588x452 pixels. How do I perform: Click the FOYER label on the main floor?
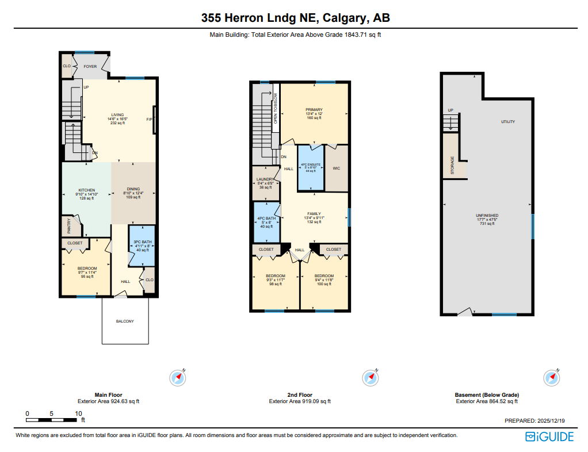pyautogui.click(x=90, y=67)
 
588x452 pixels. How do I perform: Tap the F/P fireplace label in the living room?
pyautogui.click(x=150, y=120)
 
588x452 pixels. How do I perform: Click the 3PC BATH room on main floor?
pyautogui.click(x=142, y=246)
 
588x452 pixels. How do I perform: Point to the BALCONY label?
pyautogui.click(x=125, y=321)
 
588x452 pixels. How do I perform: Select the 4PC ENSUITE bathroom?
pyautogui.click(x=310, y=167)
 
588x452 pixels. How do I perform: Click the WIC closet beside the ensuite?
pyautogui.click(x=337, y=168)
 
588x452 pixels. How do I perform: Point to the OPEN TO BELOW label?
pyautogui.click(x=276, y=109)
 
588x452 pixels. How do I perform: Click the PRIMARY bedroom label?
pyautogui.click(x=314, y=109)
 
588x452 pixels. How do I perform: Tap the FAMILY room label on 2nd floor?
pyautogui.click(x=314, y=214)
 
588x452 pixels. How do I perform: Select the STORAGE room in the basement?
pyautogui.click(x=453, y=166)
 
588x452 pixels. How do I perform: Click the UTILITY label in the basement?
pyautogui.click(x=507, y=122)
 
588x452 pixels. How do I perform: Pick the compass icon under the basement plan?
pyautogui.click(x=551, y=377)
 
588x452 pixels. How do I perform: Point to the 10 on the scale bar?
pyautogui.click(x=78, y=413)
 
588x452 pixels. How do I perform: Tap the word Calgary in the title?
pyautogui.click(x=345, y=18)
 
